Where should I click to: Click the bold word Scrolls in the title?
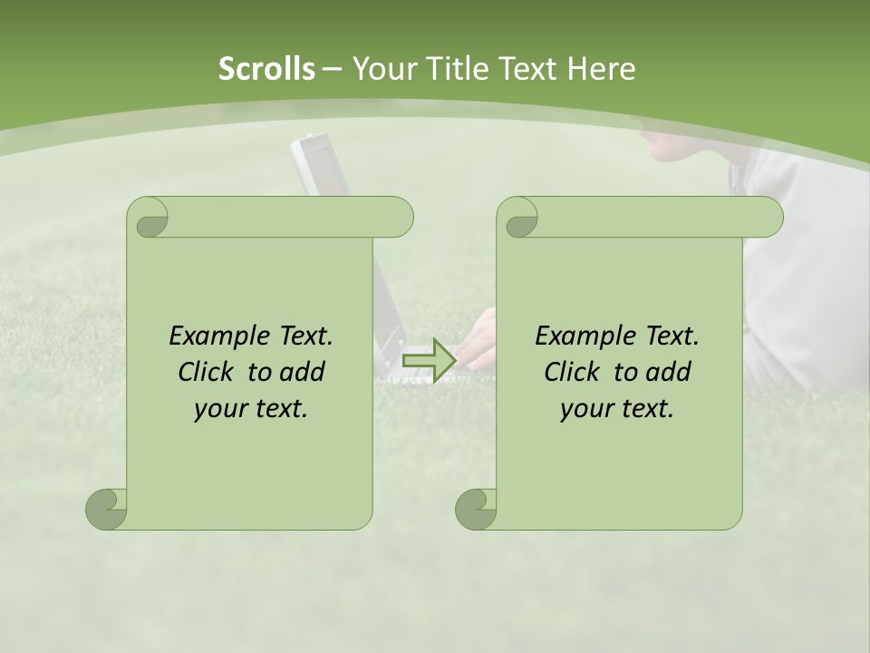[266, 69]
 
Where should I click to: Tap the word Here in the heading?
[602, 69]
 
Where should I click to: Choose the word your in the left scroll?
[218, 409]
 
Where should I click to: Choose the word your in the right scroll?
[585, 409]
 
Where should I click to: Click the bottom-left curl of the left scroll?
[107, 509]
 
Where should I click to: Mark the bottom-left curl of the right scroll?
[477, 509]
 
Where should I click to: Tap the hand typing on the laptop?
[480, 340]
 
